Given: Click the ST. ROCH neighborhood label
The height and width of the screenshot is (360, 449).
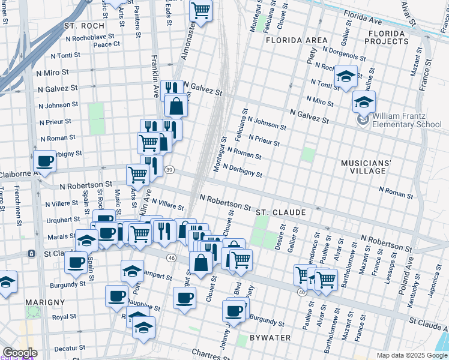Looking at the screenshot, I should coord(84,26).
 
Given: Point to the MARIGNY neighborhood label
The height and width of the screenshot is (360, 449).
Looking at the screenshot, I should coord(45,301).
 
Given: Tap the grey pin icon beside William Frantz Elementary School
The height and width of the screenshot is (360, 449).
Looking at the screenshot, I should coord(363,120).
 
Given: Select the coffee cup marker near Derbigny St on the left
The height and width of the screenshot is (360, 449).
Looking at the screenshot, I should coord(44,161).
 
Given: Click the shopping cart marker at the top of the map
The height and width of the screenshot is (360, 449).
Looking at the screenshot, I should coord(200,10).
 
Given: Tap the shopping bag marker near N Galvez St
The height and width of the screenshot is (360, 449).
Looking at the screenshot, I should coord(176,106).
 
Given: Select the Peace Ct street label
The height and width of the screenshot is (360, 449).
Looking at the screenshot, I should coord(107,44).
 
